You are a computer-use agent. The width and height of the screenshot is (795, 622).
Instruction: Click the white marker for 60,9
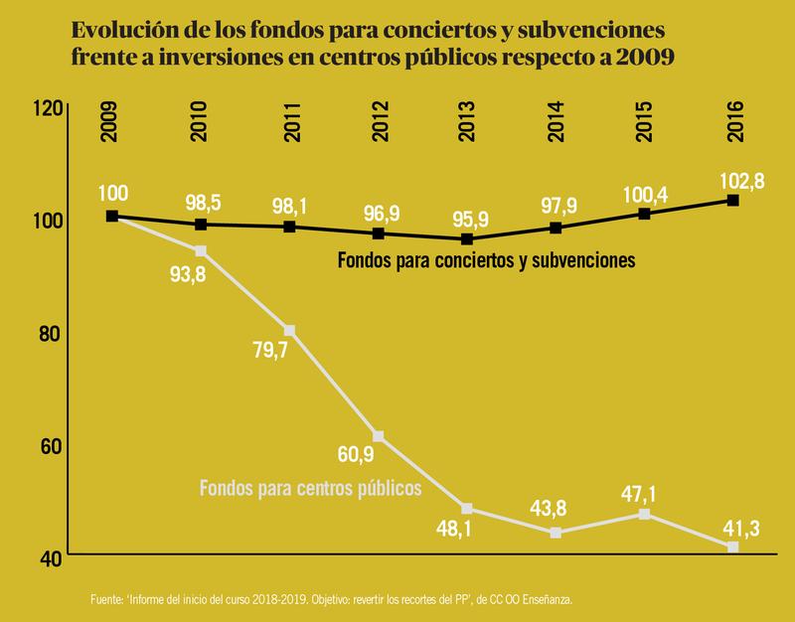(x=377, y=436)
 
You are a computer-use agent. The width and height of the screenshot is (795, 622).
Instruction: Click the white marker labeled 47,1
(x=644, y=514)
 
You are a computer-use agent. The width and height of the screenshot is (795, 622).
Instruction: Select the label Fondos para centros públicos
(x=311, y=488)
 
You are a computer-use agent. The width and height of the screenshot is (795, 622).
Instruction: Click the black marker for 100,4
(x=644, y=214)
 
